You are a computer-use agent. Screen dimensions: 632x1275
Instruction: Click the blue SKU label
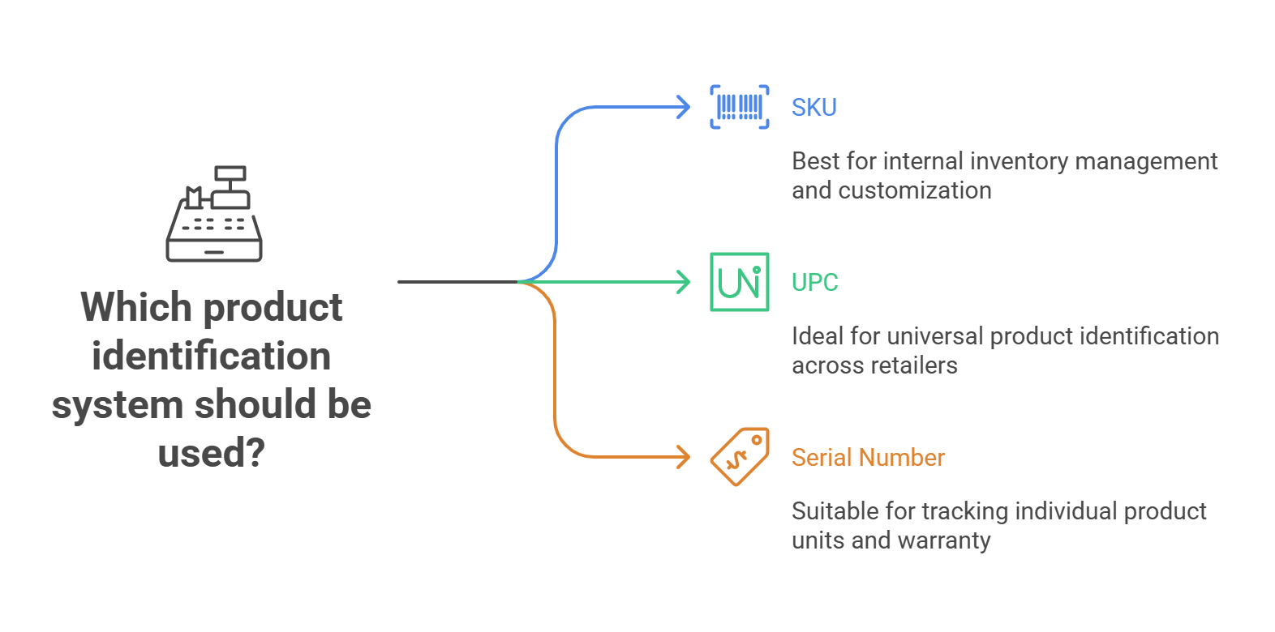coord(814,108)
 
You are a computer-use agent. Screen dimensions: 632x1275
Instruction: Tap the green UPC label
coord(814,283)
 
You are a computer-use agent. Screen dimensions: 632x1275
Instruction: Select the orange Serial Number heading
coord(868,458)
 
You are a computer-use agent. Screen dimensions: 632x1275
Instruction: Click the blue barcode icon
coord(740,107)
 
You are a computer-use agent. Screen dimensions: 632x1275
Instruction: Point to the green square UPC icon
coord(740,282)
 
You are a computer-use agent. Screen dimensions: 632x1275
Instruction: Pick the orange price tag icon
coord(740,457)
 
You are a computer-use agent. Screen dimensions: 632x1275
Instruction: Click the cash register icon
coord(215,215)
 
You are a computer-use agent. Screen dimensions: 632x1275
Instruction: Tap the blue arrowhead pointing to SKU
coord(684,107)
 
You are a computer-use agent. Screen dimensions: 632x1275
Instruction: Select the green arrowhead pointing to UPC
coord(684,282)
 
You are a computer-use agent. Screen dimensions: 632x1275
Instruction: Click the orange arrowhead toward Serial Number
coord(684,457)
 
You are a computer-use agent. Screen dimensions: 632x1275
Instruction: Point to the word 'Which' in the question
coord(135,308)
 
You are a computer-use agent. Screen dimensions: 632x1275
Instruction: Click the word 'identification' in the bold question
coord(212,357)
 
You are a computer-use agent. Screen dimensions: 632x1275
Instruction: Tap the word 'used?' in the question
coord(212,454)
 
